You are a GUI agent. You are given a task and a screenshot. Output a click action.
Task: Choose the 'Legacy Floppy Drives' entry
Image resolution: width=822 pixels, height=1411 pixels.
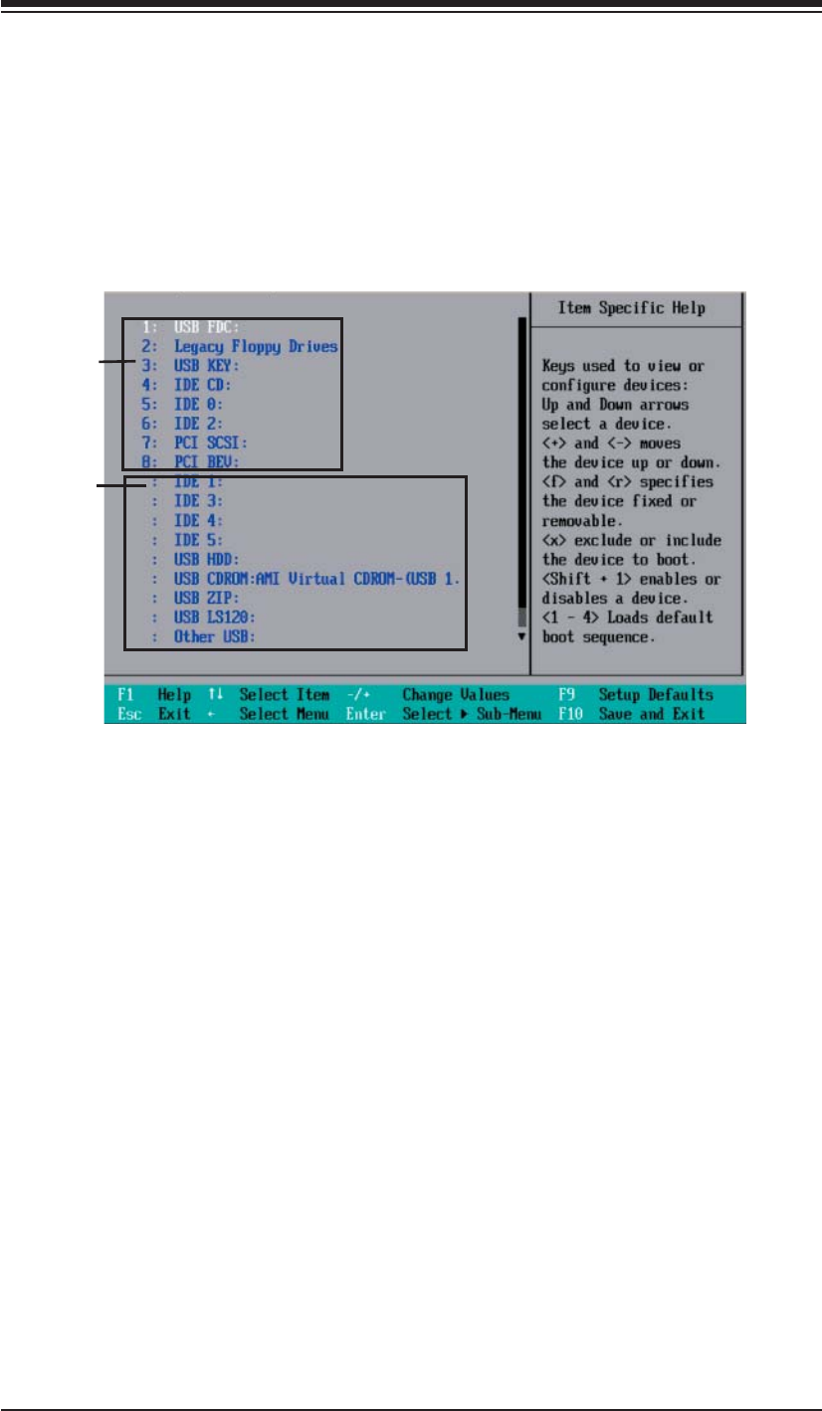256,346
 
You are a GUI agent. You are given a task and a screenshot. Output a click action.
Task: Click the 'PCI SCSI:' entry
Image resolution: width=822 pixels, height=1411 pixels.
209,442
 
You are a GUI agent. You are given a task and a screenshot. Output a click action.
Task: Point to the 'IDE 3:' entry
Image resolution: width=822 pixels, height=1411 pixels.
198,500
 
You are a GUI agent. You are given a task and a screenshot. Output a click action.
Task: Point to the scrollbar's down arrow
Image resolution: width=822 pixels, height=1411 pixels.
520,636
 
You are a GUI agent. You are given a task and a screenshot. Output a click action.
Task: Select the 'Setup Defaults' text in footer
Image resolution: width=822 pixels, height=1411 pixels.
655,694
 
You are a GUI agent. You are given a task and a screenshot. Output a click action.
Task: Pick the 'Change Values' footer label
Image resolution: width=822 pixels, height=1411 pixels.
456,694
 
